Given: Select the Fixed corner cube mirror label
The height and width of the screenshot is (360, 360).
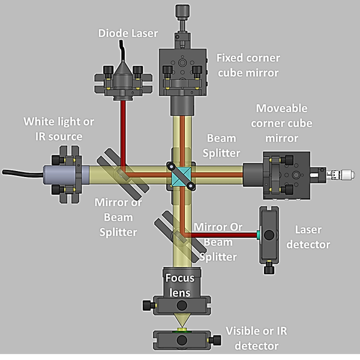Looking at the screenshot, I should point(248,66).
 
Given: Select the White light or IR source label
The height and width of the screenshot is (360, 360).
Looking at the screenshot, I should point(58,129).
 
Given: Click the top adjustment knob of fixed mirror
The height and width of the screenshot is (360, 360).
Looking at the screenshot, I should point(181,13).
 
